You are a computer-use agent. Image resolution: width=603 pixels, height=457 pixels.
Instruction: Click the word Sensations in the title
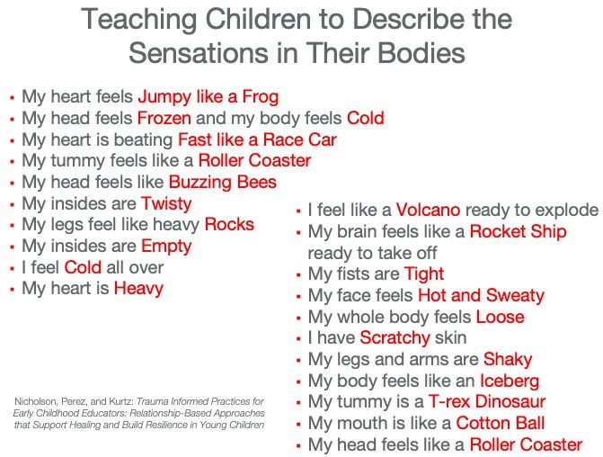point(198,52)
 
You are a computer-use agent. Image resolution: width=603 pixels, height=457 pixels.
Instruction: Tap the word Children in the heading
point(258,19)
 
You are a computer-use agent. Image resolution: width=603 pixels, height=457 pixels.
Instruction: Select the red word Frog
point(261,96)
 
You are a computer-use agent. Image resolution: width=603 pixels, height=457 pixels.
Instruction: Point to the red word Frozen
point(164,118)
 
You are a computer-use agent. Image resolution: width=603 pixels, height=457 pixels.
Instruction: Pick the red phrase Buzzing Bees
point(223,182)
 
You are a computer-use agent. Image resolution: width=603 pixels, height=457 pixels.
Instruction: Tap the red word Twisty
point(166,204)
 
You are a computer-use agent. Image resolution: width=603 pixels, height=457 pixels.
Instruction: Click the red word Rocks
point(229,224)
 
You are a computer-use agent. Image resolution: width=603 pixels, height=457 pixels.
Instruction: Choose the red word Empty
point(166,246)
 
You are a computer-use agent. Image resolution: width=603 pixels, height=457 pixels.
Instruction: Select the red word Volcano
point(428,210)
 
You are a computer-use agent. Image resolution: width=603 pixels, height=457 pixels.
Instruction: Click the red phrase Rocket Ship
point(518,232)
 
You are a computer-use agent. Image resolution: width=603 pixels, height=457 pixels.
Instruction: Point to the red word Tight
point(424,274)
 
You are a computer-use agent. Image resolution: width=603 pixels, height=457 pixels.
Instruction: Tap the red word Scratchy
point(395,338)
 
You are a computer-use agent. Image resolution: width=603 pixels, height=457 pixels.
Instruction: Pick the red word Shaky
point(508,360)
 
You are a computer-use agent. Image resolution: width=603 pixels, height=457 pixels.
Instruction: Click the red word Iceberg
point(510,381)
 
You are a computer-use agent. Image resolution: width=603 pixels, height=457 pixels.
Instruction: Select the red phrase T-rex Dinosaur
point(487,401)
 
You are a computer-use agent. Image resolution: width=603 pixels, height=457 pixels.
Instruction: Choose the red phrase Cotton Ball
point(501,423)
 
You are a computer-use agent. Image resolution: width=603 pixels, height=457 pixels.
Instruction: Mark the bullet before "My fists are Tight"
point(298,275)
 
